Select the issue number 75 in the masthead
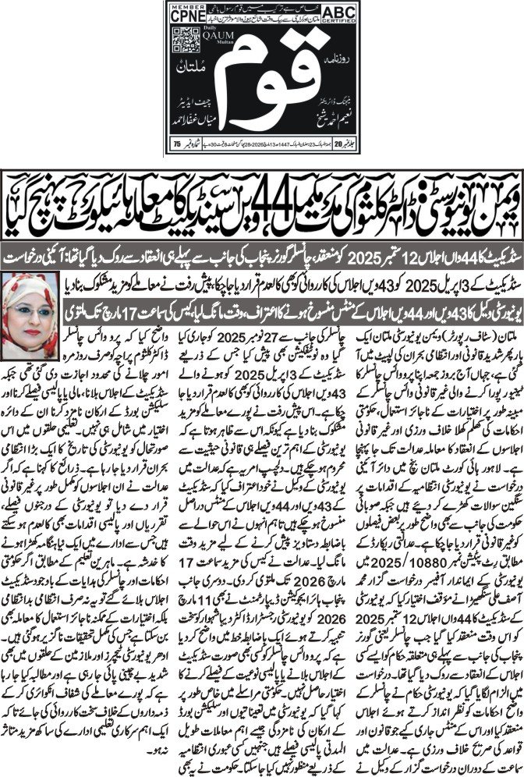(176, 144)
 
